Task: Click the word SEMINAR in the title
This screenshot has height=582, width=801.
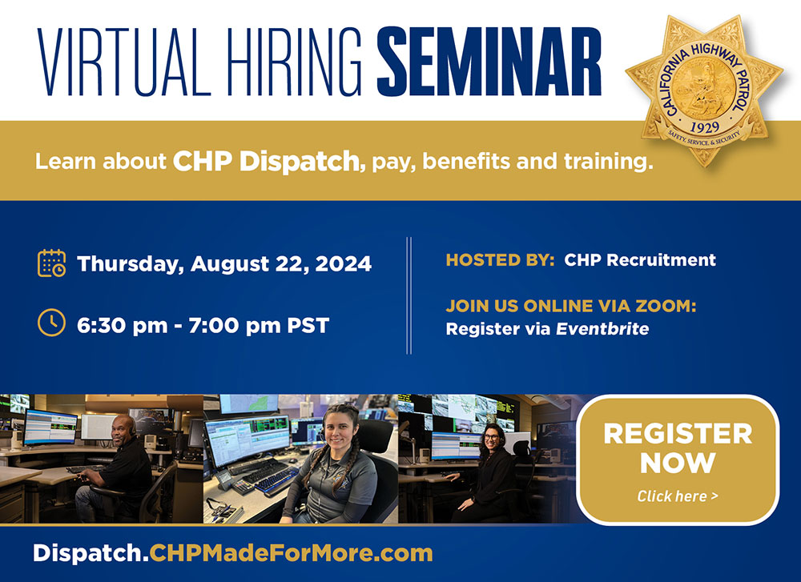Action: (489, 63)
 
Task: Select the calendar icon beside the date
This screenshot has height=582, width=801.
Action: (52, 263)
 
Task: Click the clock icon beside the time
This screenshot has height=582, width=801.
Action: (52, 323)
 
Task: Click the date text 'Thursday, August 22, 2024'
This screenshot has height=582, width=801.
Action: (224, 263)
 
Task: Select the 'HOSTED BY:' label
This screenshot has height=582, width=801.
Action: (500, 259)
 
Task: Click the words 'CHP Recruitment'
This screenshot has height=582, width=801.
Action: (640, 259)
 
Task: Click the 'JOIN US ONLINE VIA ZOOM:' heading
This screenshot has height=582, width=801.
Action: (570, 307)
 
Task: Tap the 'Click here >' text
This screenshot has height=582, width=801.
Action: (678, 496)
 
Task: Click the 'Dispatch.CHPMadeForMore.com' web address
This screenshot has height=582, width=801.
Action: (232, 552)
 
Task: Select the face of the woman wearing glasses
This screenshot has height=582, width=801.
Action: (492, 440)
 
